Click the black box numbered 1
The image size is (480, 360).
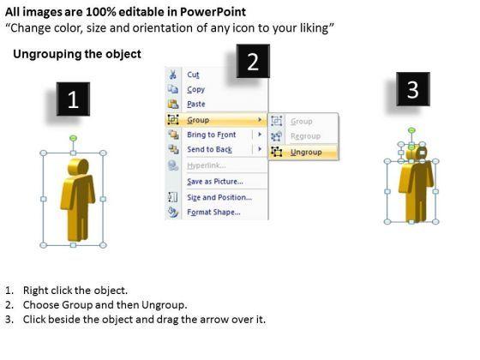pyautogui.click(x=73, y=99)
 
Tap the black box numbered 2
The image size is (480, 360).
pyautogui.click(x=253, y=61)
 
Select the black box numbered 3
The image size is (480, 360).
pyautogui.click(x=413, y=89)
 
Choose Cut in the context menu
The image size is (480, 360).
pyautogui.click(x=193, y=75)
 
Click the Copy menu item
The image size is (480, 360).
pyautogui.click(x=196, y=89)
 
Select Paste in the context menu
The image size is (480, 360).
pyautogui.click(x=196, y=104)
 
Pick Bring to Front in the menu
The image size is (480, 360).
pyautogui.click(x=212, y=135)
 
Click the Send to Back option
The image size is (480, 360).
pyautogui.click(x=210, y=149)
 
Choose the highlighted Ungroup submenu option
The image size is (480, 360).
pyautogui.click(x=306, y=153)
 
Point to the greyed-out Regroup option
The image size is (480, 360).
pyautogui.click(x=305, y=136)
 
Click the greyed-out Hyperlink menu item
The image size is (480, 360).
pyautogui.click(x=207, y=165)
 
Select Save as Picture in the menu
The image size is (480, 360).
pyautogui.click(x=215, y=182)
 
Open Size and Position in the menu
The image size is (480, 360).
pyautogui.click(x=219, y=197)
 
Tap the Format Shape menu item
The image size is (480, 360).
pyautogui.click(x=213, y=213)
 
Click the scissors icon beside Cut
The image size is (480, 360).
pyautogui.click(x=172, y=75)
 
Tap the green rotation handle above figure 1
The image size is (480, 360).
pyautogui.click(x=73, y=138)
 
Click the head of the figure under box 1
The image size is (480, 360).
pyautogui.click(x=78, y=167)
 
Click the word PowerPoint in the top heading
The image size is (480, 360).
pyautogui.click(x=213, y=12)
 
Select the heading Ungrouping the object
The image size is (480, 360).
pyautogui.click(x=77, y=54)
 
